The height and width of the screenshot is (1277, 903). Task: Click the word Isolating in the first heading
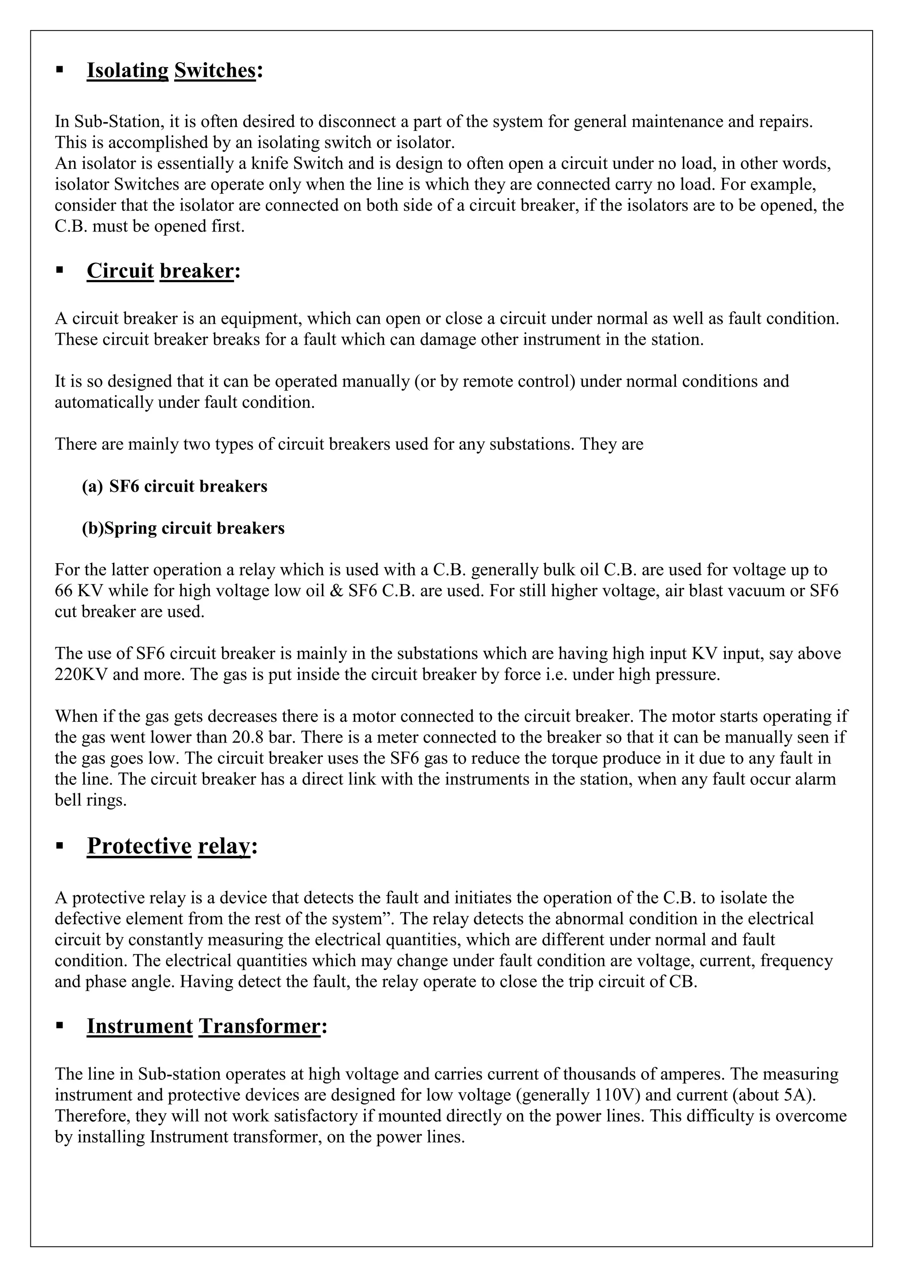127,71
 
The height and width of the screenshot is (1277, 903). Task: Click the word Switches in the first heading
215,71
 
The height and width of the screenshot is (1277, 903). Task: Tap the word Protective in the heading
139,846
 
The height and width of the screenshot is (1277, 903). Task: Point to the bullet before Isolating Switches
60,70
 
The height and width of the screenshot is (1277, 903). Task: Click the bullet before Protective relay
60,846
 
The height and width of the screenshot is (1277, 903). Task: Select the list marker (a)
92,487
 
